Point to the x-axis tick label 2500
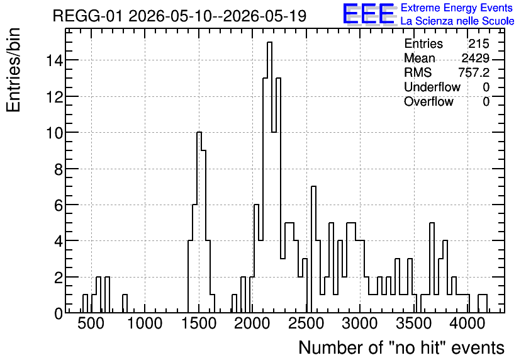coord(306,323)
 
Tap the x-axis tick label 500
coord(91,323)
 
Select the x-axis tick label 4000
coord(467,323)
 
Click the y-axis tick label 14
coord(54,60)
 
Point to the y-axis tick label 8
coord(59,169)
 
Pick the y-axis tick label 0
coord(59,313)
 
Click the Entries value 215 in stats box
coord(479,43)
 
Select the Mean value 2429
coord(475,58)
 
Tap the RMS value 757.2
coord(474,72)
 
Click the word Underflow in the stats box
coord(432,87)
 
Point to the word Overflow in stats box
coord(428,101)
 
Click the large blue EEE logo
coord(369,14)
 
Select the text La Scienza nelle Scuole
coord(457,21)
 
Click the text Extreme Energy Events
coord(457,8)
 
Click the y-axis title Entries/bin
coord(13,70)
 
